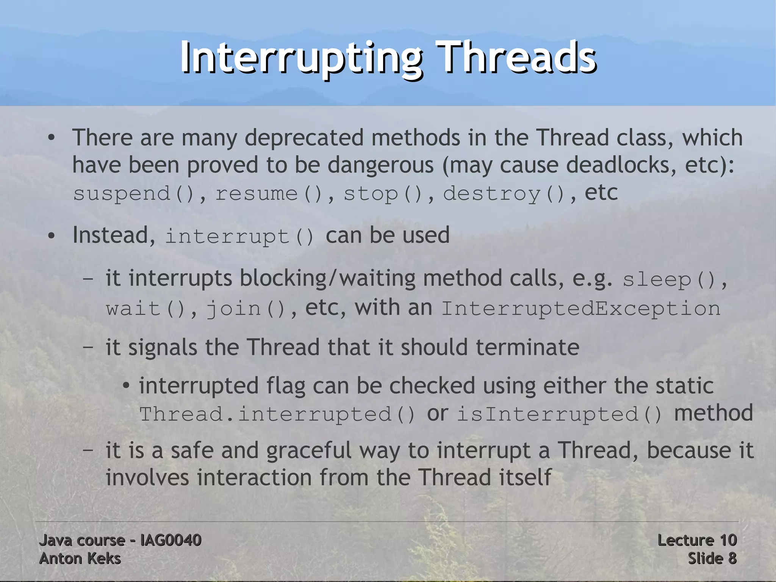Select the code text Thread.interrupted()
pyautogui.click(x=277, y=414)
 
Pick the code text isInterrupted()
pyautogui.click(x=560, y=414)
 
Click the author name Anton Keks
pyautogui.click(x=80, y=558)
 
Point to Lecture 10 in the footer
pyautogui.click(x=697, y=540)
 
